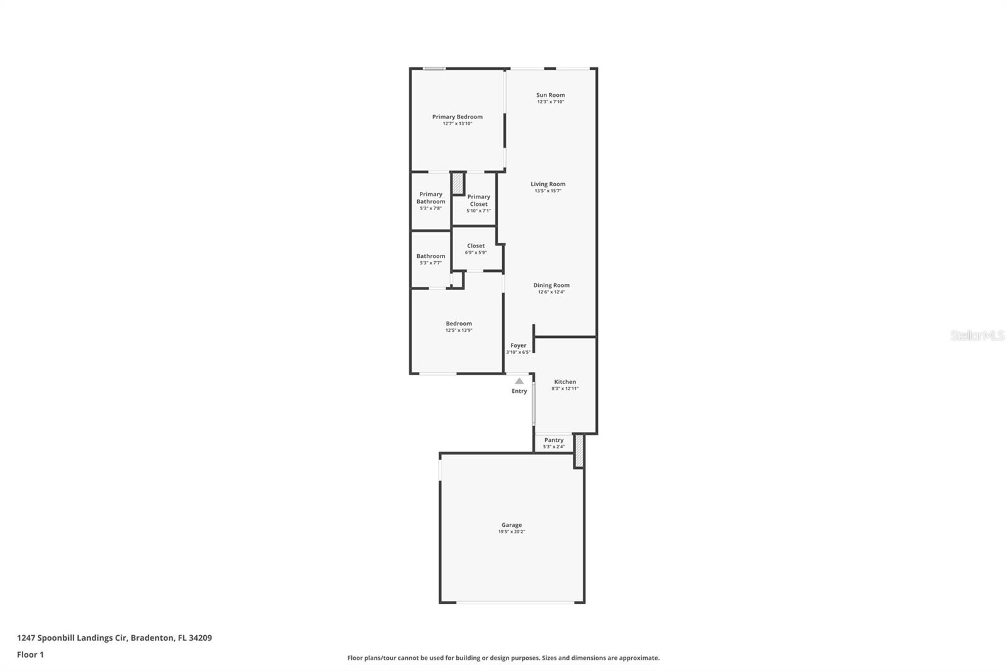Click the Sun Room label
(550, 95)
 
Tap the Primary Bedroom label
(457, 116)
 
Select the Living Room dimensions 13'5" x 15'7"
(548, 191)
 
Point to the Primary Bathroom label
(430, 198)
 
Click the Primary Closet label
(478, 200)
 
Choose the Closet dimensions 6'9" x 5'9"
(476, 253)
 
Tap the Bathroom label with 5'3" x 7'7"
(430, 256)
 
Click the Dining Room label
(551, 285)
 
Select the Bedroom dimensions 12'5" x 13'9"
(459, 330)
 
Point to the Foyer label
(518, 346)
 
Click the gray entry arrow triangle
(519, 381)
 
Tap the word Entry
(519, 392)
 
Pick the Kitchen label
(565, 382)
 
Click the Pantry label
(554, 440)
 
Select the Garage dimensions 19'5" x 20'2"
(511, 532)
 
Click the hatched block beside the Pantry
(579, 451)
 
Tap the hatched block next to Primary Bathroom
(458, 183)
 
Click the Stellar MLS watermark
(977, 335)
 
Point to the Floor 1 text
(30, 655)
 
